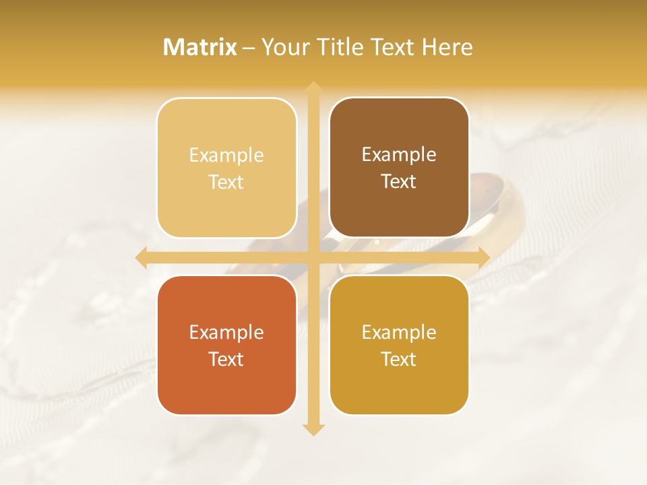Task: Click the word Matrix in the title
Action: (200, 47)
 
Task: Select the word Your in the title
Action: (284, 47)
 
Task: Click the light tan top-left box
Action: (226, 168)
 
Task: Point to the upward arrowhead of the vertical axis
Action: (313, 88)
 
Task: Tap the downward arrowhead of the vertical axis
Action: (313, 429)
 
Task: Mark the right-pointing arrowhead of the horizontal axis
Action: (483, 257)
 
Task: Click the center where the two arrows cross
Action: (313, 257)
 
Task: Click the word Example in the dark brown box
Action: (399, 155)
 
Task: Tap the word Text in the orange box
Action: (226, 359)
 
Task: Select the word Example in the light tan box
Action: (226, 156)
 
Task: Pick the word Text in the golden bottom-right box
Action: (399, 359)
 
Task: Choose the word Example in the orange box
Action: (226, 333)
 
